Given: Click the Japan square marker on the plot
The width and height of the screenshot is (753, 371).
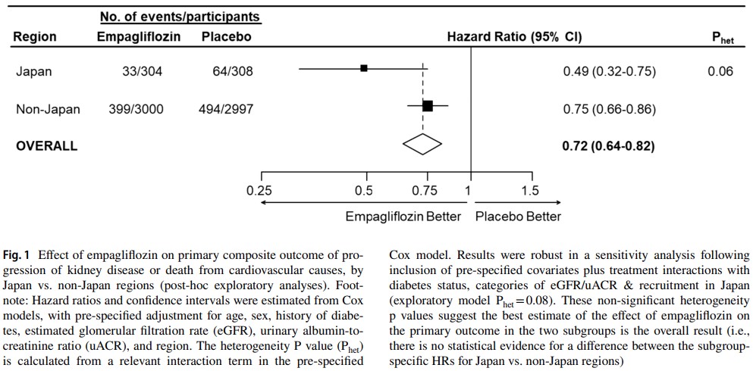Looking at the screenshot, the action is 364,68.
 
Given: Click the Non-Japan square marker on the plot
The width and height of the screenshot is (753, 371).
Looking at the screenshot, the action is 428,106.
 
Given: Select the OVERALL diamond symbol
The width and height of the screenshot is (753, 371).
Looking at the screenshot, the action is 422,143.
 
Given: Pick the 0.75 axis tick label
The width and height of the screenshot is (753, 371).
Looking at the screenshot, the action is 425,191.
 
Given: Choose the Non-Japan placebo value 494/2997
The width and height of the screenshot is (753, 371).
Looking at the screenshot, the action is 219,109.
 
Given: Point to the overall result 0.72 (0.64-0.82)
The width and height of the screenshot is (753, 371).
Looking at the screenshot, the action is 609,145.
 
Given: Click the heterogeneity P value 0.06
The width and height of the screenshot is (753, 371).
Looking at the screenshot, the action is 720,71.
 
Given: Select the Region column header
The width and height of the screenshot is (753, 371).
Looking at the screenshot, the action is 35,37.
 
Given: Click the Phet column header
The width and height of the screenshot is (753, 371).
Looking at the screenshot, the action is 723,38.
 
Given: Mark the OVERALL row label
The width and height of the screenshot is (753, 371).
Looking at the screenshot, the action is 46,145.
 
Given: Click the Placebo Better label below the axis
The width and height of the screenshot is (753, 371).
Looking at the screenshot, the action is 518,217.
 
